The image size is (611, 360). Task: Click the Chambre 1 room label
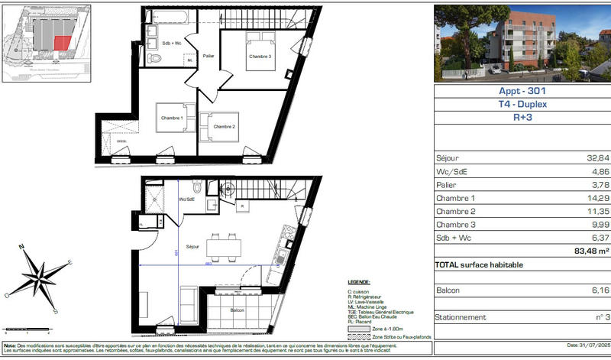171,118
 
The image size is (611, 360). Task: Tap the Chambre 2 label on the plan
224,126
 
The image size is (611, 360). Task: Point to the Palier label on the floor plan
209,56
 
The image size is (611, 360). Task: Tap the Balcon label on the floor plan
236,310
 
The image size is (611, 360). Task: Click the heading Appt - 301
522,90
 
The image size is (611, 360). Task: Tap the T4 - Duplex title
522,104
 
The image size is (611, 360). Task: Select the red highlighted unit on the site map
64,44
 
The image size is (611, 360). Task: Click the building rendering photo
522,43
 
